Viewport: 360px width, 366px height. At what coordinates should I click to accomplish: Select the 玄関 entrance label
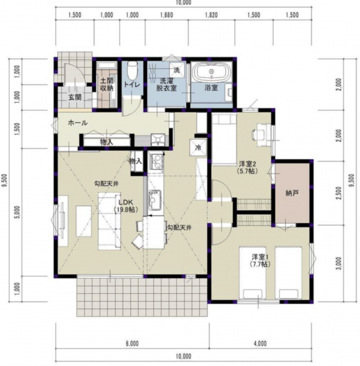pyautogui.click(x=75, y=97)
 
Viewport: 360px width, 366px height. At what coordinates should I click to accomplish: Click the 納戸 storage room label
pyautogui.click(x=292, y=193)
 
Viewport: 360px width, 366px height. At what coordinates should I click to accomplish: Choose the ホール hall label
pyautogui.click(x=78, y=123)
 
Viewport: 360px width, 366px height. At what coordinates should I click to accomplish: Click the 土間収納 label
pyautogui.click(x=107, y=84)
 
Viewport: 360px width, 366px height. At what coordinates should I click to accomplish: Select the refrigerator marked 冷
pyautogui.click(x=198, y=147)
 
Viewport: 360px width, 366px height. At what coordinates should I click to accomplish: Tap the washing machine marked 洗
pyautogui.click(x=177, y=70)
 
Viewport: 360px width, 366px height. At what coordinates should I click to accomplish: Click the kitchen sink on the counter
pyautogui.click(x=155, y=201)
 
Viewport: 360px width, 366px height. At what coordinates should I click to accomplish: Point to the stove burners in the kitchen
pyautogui.click(x=156, y=162)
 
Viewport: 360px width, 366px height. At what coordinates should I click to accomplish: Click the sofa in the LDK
pyautogui.click(x=109, y=221)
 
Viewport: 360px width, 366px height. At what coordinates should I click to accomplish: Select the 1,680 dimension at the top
pyautogui.click(x=166, y=15)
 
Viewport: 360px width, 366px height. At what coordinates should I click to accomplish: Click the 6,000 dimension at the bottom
pyautogui.click(x=132, y=344)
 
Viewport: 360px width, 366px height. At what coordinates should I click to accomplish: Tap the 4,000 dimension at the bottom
pyautogui.click(x=260, y=344)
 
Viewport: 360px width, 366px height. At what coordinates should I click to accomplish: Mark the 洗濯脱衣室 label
pyautogui.click(x=166, y=84)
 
